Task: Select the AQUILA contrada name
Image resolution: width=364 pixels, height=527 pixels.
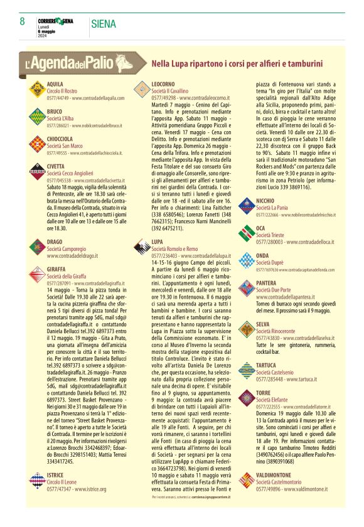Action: [x=55, y=83]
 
